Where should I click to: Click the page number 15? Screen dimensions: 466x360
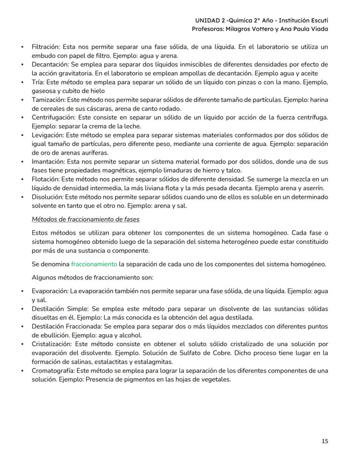pyautogui.click(x=325, y=441)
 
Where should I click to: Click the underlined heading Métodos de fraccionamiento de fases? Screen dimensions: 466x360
pyautogui.click(x=85, y=219)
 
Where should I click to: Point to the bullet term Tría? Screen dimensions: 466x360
pyautogui.click(x=38, y=82)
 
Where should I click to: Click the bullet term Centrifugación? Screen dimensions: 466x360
pyautogui.click(x=51, y=117)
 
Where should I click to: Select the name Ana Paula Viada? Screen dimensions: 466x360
pyautogui.click(x=307, y=29)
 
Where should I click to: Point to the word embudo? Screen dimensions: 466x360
pyautogui.click(x=43, y=56)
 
